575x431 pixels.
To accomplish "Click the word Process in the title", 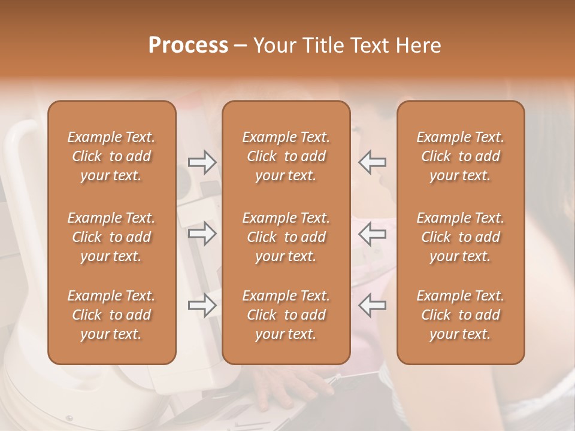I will [x=188, y=45].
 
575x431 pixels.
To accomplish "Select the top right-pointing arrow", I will [x=202, y=162].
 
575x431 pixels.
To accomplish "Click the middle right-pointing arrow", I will [x=202, y=233].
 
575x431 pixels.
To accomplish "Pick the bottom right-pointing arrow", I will [x=202, y=305].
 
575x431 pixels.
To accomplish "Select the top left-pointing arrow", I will [x=372, y=162].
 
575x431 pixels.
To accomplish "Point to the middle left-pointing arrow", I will [x=372, y=233].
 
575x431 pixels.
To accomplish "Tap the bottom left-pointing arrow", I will [x=372, y=305].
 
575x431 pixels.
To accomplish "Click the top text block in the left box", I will [x=111, y=156].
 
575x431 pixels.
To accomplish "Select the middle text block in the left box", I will [x=111, y=237].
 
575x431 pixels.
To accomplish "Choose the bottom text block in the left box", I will [x=111, y=315].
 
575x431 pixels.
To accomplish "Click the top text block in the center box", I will [x=286, y=156].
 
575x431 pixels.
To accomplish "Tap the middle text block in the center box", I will [x=286, y=237].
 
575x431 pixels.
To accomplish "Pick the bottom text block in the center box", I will [x=286, y=315].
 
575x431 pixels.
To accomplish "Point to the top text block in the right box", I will [x=461, y=156].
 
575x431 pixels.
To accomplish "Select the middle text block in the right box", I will [x=461, y=237].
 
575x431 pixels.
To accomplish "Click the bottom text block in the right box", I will [x=461, y=315].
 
